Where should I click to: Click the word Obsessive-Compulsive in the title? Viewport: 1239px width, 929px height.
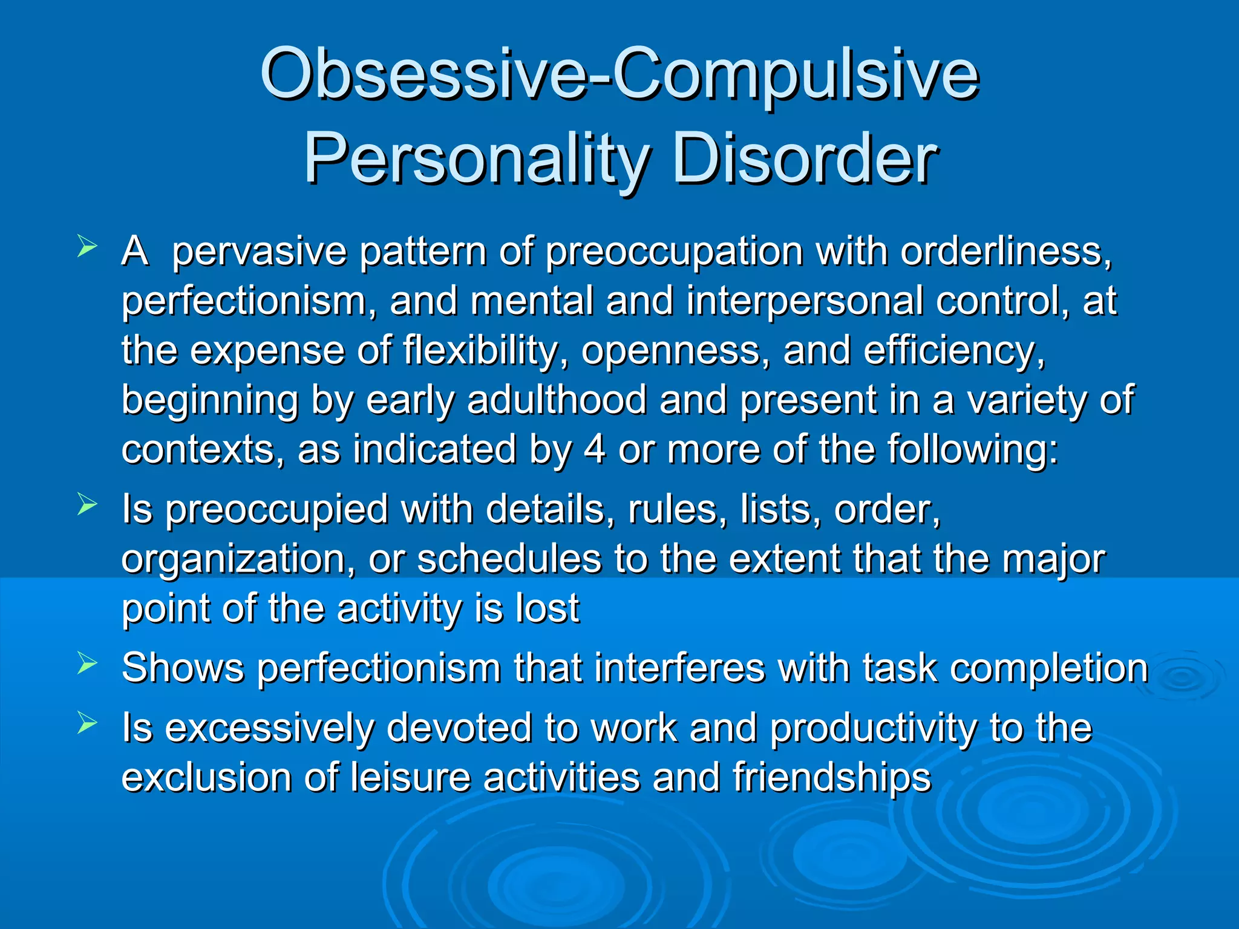[619, 75]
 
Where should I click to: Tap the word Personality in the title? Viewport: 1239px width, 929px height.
[476, 160]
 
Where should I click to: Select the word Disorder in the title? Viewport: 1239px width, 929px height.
[805, 160]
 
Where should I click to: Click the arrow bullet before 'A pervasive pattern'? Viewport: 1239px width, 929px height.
[87, 247]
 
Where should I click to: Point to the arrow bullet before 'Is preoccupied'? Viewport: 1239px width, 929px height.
[87, 504]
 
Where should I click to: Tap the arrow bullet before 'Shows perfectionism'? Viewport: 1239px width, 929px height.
[87, 664]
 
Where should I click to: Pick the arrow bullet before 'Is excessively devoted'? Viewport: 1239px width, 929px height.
[87, 723]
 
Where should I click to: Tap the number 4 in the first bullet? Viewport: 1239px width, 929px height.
[595, 450]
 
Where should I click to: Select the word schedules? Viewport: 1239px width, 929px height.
[509, 559]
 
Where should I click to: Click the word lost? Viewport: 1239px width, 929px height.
[548, 608]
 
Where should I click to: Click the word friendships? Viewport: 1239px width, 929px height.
[832, 778]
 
